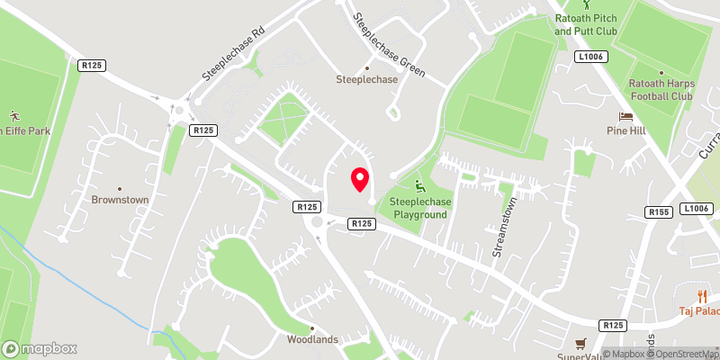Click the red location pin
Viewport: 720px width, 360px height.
360,179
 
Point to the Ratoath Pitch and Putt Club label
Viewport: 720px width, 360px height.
586,24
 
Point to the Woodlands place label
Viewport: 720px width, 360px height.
311,339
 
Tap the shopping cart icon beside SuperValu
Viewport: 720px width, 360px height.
580,343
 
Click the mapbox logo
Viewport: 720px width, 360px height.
40,348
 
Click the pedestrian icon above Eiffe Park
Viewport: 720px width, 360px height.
13,116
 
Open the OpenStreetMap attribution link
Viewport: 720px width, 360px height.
682,354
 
